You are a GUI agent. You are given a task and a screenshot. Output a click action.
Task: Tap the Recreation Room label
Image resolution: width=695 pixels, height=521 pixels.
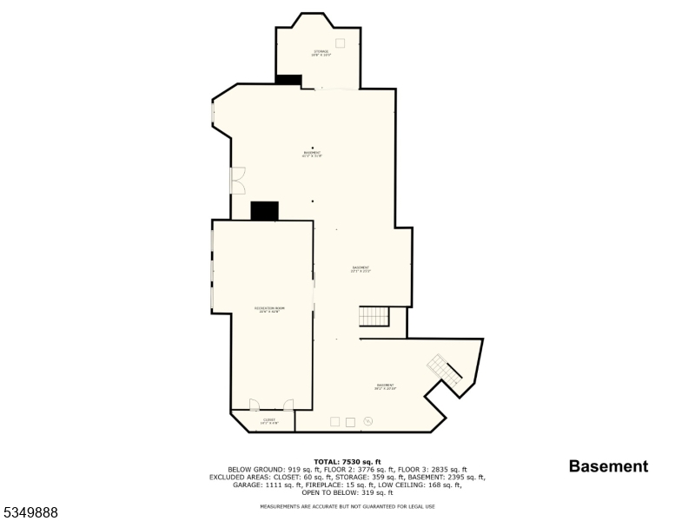pos(269,309)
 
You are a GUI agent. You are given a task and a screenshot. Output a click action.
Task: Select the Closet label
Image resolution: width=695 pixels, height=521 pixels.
pos(269,421)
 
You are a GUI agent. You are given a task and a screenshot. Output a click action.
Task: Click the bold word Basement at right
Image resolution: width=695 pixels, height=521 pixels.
pos(608,466)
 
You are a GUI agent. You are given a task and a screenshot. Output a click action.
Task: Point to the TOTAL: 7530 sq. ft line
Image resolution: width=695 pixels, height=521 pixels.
pos(347,462)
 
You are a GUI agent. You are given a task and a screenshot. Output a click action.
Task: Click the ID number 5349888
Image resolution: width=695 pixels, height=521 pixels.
pos(30,513)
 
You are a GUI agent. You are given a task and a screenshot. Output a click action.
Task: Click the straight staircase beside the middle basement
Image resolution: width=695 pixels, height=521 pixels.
pos(374,316)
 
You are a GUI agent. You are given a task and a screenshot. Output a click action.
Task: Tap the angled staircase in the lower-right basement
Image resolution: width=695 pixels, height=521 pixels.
pos(445,371)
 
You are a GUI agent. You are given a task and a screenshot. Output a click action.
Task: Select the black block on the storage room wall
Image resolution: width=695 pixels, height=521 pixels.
pos(288,80)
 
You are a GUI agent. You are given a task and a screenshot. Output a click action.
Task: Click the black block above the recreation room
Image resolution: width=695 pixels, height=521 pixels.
pos(264,211)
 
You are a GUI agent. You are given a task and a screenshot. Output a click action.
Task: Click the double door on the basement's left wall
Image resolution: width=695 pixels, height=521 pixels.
pos(237,180)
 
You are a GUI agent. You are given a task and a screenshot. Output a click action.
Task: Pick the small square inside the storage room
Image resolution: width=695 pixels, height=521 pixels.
pos(340,43)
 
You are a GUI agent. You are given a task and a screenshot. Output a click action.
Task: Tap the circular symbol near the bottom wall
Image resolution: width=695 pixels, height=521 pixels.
pos(367,421)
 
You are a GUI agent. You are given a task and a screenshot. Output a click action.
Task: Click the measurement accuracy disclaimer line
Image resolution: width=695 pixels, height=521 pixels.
pos(347,506)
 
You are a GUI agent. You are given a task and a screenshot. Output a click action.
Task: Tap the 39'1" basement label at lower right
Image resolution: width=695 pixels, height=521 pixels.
pos(386,386)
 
